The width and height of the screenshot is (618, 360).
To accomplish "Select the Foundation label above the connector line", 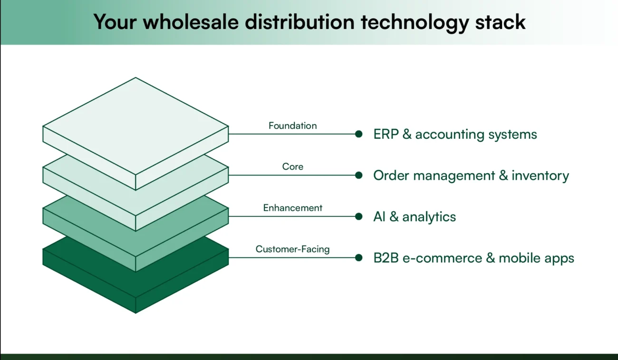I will coord(292,126).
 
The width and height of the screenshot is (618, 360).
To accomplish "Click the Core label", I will coord(292,166).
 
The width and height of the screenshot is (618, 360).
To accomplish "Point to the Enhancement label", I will coord(292,208).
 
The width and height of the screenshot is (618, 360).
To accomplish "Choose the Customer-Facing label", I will coord(292,249).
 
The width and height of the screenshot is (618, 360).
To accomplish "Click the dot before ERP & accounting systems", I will coord(359,134).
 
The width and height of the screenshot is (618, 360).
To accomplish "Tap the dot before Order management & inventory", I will coord(359,175).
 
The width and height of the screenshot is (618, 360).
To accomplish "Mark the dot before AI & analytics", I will coord(359,216).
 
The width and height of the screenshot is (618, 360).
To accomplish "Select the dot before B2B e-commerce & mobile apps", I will coord(359,258).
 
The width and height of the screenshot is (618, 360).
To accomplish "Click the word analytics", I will coord(429,217).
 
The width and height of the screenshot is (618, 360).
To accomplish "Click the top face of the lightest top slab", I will coord(136,126).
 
